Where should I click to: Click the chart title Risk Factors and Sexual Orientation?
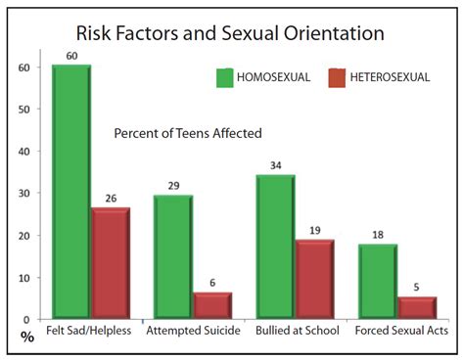point(230,33)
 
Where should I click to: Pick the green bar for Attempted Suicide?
point(172,256)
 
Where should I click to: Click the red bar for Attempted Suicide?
point(212,305)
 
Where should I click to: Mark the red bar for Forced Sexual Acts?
point(417,307)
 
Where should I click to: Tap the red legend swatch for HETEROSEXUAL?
point(339,76)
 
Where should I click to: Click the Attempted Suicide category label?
point(192,331)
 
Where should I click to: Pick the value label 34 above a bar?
point(275,165)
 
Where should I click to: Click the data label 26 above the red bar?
point(111,199)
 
